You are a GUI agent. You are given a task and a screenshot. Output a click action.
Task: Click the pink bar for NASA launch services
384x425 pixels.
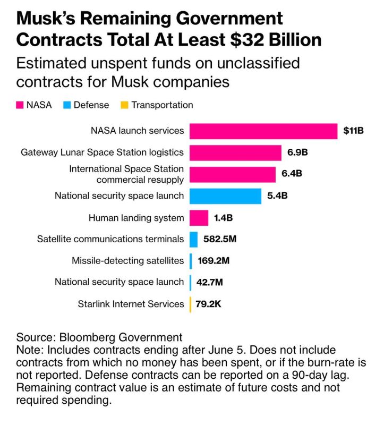(263, 131)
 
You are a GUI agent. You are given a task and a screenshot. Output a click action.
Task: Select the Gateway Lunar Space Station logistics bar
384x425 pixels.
(235, 152)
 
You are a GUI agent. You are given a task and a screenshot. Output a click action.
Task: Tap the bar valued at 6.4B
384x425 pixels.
(233, 174)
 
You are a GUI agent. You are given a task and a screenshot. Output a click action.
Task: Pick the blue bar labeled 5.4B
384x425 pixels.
(225, 196)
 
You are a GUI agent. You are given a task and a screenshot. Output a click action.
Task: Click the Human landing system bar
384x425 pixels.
(199, 218)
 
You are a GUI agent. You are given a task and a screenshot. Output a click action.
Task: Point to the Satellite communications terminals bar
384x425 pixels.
(194, 239)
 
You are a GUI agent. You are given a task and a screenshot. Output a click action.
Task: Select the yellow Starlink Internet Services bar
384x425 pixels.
(190, 304)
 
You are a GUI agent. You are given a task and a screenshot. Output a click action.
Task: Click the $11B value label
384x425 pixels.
(353, 131)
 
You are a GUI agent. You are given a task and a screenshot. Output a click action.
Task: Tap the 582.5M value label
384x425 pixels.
(220, 239)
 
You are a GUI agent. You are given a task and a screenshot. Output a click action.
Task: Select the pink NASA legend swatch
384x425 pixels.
(20, 105)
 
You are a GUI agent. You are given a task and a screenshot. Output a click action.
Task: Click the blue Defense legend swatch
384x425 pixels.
(67, 105)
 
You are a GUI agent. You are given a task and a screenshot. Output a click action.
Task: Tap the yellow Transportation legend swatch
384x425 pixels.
(124, 105)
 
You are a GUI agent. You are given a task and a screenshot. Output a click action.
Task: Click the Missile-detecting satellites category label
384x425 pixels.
(127, 261)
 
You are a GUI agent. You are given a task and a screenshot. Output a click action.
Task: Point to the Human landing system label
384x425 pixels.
(136, 218)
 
